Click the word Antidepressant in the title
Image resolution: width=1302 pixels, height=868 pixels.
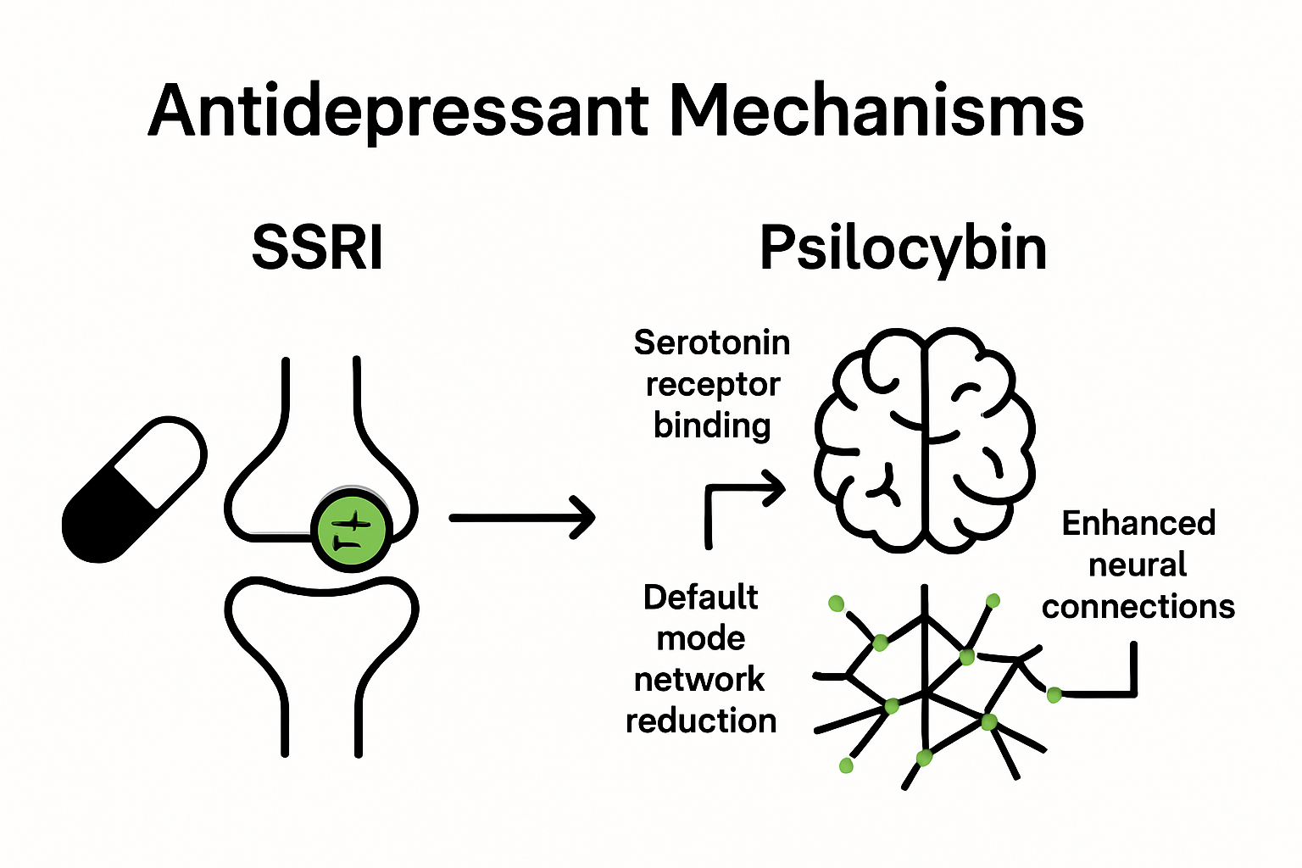click(x=398, y=112)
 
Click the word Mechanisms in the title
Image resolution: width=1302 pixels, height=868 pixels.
click(x=876, y=110)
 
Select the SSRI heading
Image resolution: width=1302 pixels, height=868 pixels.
click(x=318, y=248)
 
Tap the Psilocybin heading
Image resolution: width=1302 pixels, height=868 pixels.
click(x=903, y=248)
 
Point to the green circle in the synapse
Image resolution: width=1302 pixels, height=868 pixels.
click(x=351, y=531)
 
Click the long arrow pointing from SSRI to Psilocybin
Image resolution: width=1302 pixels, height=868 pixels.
click(x=521, y=517)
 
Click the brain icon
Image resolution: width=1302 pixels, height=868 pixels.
click(x=924, y=441)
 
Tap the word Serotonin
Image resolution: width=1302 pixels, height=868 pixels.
click(x=712, y=343)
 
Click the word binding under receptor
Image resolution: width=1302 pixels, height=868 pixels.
click(x=712, y=425)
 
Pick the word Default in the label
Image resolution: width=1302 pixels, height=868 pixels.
click(x=700, y=598)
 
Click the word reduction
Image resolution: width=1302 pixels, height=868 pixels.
click(x=701, y=721)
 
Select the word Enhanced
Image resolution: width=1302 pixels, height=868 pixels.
click(x=1138, y=524)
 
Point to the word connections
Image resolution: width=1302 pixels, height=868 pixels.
click(x=1138, y=607)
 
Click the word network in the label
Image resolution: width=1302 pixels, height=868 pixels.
click(x=699, y=680)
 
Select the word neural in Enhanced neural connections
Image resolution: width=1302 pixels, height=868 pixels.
click(x=1138, y=565)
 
